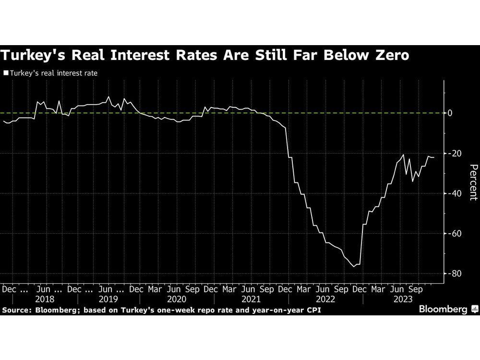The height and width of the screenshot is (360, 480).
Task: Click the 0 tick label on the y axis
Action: click(450, 113)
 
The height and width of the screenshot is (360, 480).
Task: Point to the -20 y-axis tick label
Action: click(454, 154)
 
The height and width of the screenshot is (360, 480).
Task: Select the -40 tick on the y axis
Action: click(454, 193)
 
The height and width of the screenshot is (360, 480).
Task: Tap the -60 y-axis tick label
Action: click(454, 234)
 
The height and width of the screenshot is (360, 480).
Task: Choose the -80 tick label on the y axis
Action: click(454, 274)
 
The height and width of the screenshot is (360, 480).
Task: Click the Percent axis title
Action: click(472, 182)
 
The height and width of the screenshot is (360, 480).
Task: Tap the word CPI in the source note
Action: click(311, 311)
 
